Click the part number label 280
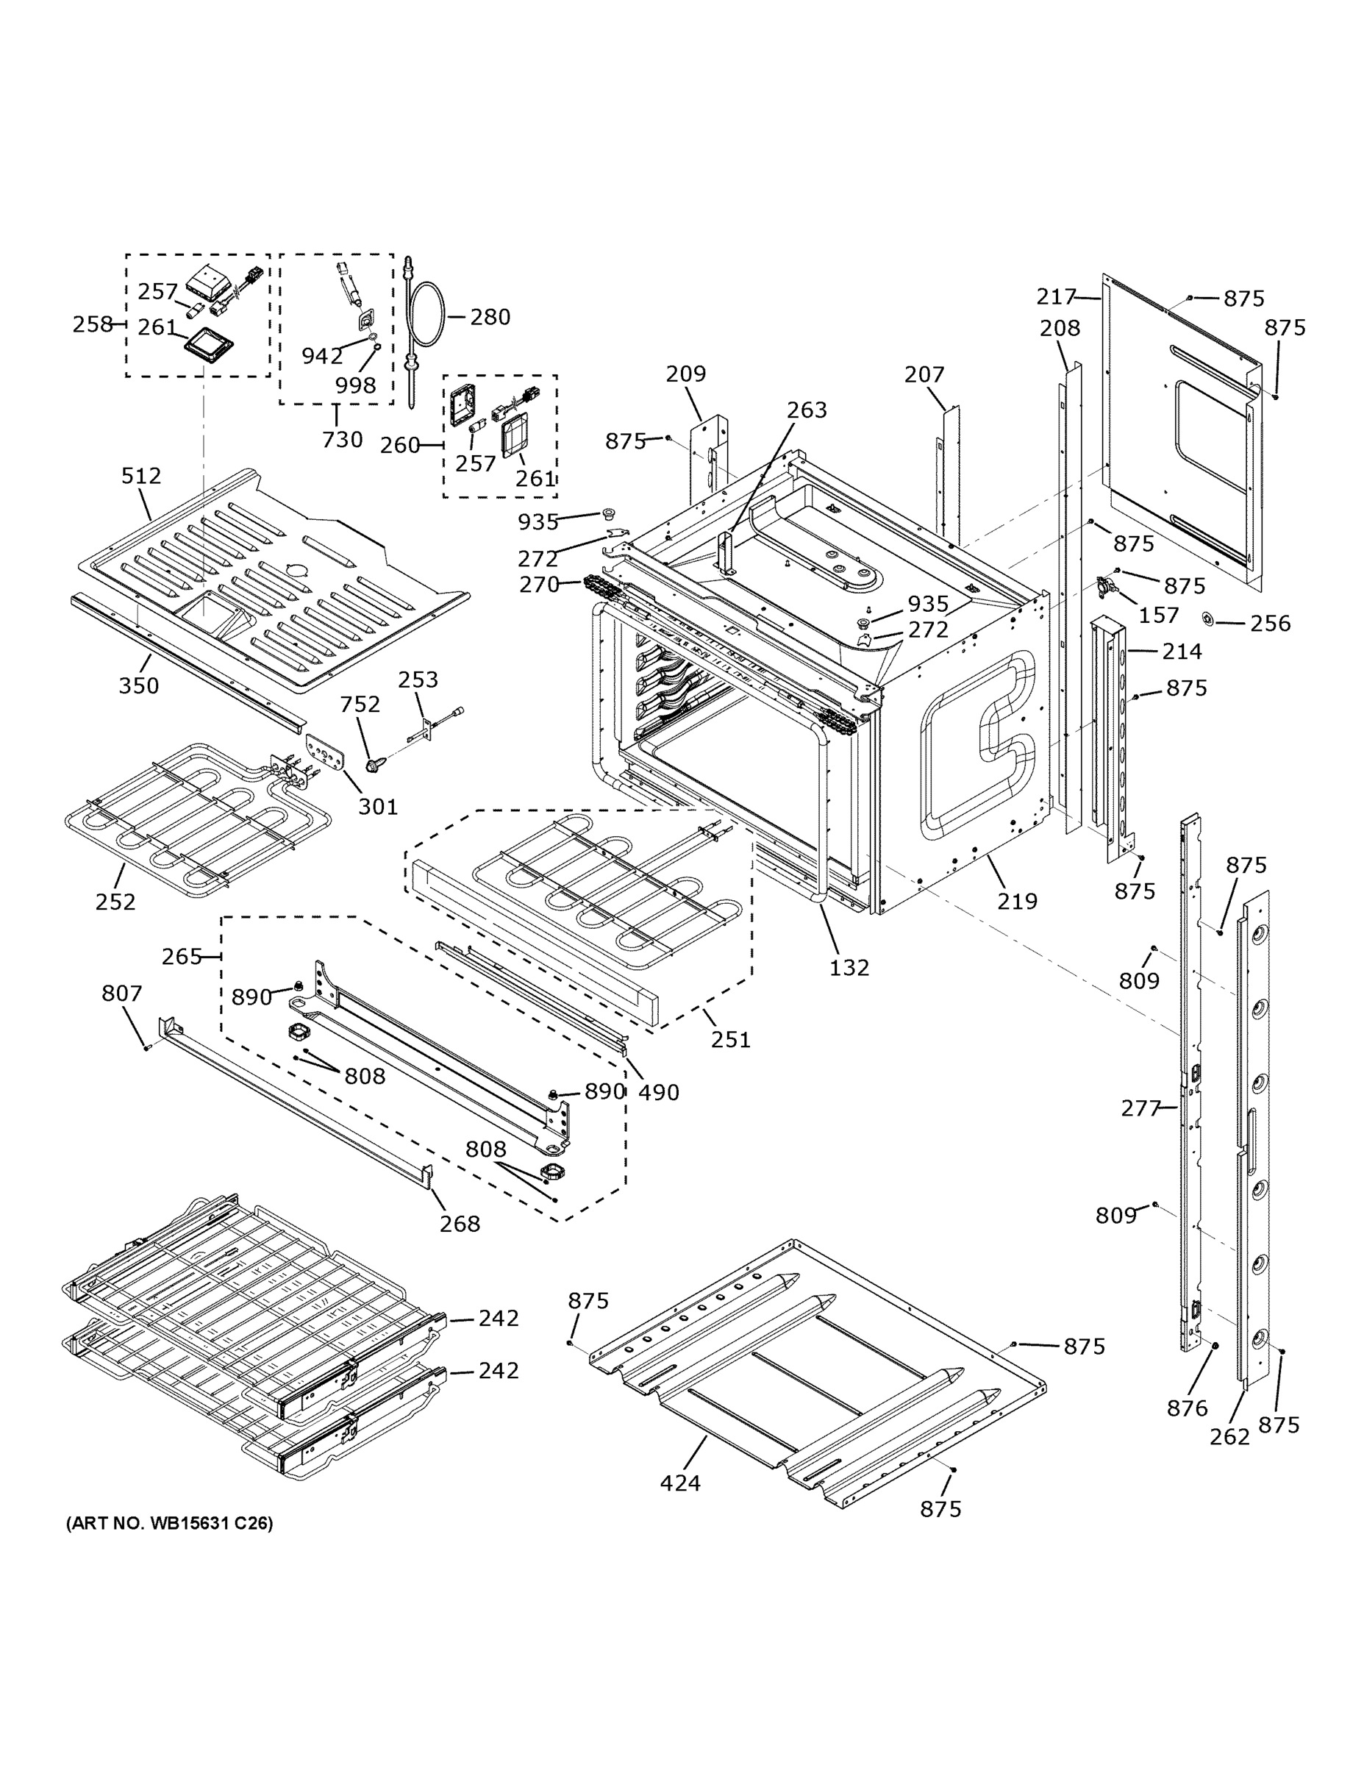490,317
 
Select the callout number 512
141,476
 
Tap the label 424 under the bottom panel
680,1483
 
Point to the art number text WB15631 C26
170,1523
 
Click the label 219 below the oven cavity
1016,900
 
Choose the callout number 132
849,967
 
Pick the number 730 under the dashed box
342,440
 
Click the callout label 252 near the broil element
115,901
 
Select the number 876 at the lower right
1187,1408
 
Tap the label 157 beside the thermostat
1159,615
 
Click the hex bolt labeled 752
374,763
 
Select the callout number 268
460,1224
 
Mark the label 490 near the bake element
659,1093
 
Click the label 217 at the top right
1057,297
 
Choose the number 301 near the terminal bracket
378,807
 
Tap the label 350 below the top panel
139,685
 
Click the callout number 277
1141,1108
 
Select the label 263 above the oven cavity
807,410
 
